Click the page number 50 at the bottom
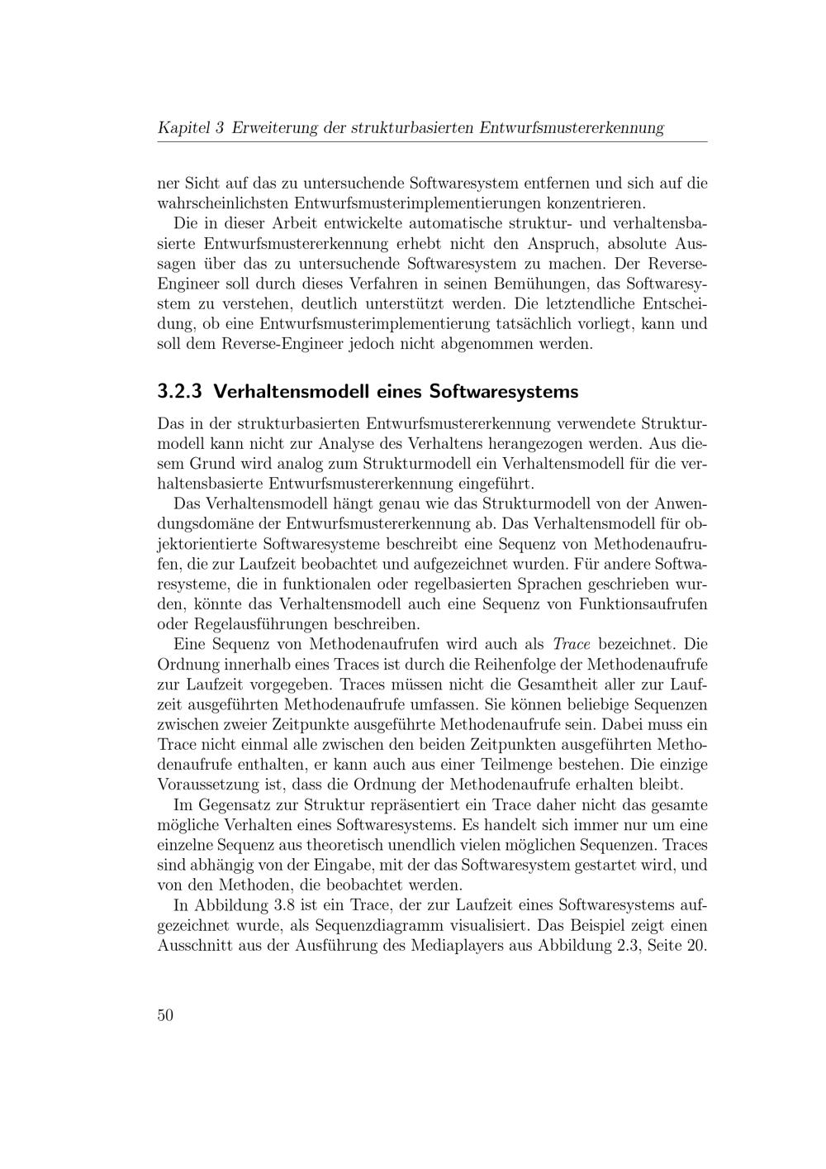click(165, 1016)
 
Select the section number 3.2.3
click(180, 391)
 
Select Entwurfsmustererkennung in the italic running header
click(572, 128)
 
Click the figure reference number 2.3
click(632, 946)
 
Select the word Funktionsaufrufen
click(643, 604)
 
